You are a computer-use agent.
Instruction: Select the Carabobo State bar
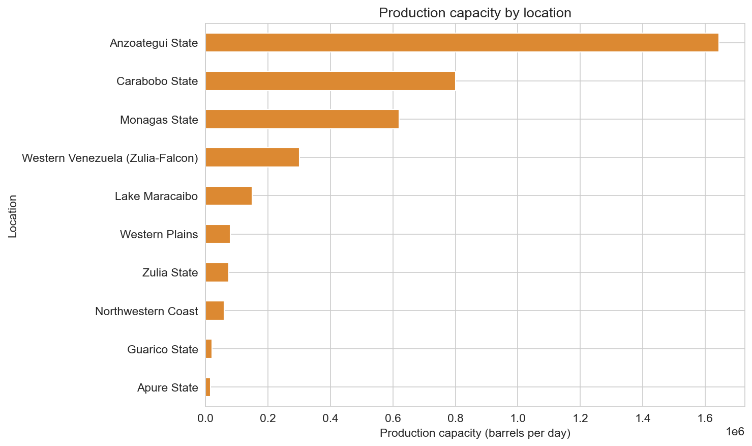pos(330,81)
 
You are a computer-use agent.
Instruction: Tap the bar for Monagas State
pos(302,119)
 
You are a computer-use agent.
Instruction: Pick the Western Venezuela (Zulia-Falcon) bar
pos(252,158)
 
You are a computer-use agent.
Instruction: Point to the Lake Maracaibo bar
pos(228,196)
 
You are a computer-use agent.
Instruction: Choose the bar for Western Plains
pos(218,234)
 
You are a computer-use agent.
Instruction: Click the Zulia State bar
pos(217,272)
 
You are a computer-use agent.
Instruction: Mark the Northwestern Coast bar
pos(215,311)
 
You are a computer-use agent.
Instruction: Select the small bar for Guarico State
pos(208,349)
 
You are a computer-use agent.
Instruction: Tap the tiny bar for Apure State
pos(208,387)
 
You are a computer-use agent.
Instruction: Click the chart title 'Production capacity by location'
pos(475,13)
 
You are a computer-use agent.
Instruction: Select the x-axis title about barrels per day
pos(475,433)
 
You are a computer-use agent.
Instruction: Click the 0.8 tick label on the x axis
pos(455,419)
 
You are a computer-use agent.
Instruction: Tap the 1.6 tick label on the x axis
pos(705,419)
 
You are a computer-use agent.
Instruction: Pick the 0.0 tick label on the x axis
pos(205,419)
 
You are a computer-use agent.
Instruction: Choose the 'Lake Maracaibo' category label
pos(156,196)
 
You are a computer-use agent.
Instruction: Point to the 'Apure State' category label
pos(167,388)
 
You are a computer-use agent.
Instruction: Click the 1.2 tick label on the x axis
pos(580,419)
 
